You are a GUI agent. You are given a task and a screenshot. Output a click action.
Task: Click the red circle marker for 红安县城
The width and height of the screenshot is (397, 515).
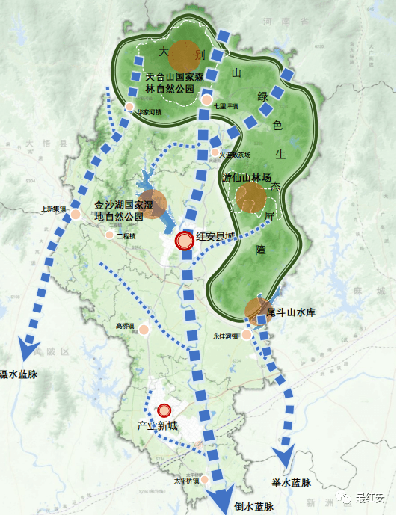coord(184,241)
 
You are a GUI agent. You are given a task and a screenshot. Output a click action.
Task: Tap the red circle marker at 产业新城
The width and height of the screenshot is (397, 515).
coord(164,410)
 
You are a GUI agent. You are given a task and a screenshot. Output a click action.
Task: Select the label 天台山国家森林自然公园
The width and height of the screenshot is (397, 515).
coord(170,82)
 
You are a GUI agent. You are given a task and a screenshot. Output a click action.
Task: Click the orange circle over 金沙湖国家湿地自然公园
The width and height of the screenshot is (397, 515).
coord(153,203)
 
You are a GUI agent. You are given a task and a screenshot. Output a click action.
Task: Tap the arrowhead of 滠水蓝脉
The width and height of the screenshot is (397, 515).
coord(28,349)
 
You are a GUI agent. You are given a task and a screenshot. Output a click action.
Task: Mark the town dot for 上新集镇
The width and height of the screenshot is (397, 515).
coord(76,215)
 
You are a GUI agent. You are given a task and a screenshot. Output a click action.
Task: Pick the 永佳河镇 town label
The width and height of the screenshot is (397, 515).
coord(224,336)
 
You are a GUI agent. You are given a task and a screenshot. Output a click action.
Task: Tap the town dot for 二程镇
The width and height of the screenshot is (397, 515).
coord(110,235)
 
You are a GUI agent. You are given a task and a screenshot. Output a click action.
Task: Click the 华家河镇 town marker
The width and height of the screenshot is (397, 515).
coord(130,108)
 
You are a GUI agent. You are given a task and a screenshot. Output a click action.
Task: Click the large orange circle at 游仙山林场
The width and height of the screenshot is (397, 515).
coord(250,197)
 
